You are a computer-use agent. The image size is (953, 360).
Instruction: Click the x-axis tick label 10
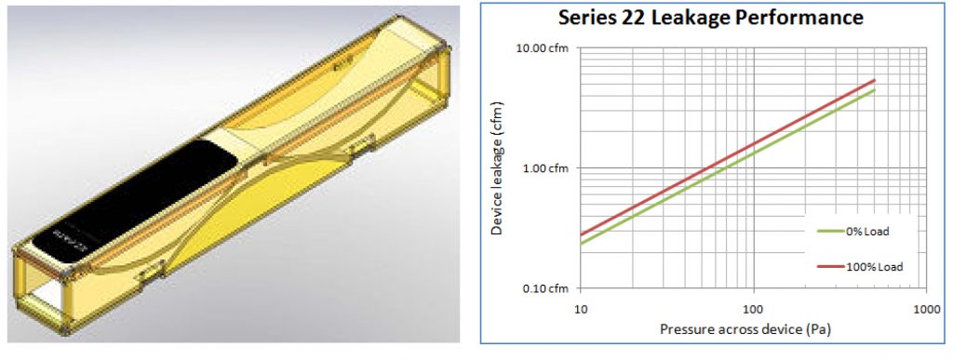coord(581,306)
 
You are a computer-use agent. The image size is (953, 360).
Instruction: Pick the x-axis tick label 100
coord(752,306)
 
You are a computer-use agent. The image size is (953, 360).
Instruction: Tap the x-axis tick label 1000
coord(923,306)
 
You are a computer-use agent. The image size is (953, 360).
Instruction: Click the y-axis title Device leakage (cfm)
coord(498,168)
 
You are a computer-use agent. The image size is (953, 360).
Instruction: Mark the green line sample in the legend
coord(831,232)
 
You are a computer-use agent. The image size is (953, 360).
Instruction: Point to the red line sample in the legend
coord(831,267)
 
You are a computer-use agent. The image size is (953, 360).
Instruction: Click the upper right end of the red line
coord(874,80)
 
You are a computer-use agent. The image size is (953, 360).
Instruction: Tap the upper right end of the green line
coord(874,90)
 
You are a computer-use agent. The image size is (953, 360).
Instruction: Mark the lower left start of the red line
coord(581,234)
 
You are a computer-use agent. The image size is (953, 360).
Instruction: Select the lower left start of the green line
coord(581,244)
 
